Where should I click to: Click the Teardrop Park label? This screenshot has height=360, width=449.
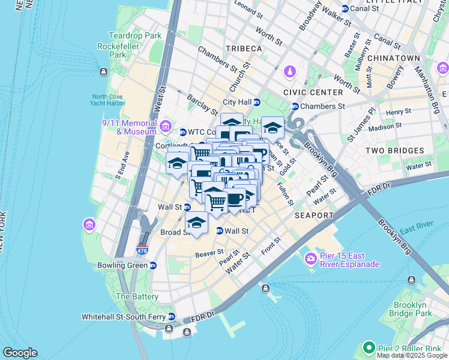click(x=134, y=35)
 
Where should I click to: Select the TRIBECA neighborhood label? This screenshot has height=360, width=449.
click(x=244, y=48)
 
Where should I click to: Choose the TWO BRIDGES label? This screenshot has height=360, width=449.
click(x=397, y=151)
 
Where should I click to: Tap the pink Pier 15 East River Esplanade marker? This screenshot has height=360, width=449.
click(x=311, y=259)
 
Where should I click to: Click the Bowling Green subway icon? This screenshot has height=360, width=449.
click(x=153, y=265)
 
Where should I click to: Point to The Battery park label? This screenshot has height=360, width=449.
click(x=137, y=296)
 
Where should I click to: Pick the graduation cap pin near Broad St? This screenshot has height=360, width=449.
click(x=196, y=223)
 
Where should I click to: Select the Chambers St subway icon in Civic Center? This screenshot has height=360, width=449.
click(x=295, y=107)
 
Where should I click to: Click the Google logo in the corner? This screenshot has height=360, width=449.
click(x=20, y=353)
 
